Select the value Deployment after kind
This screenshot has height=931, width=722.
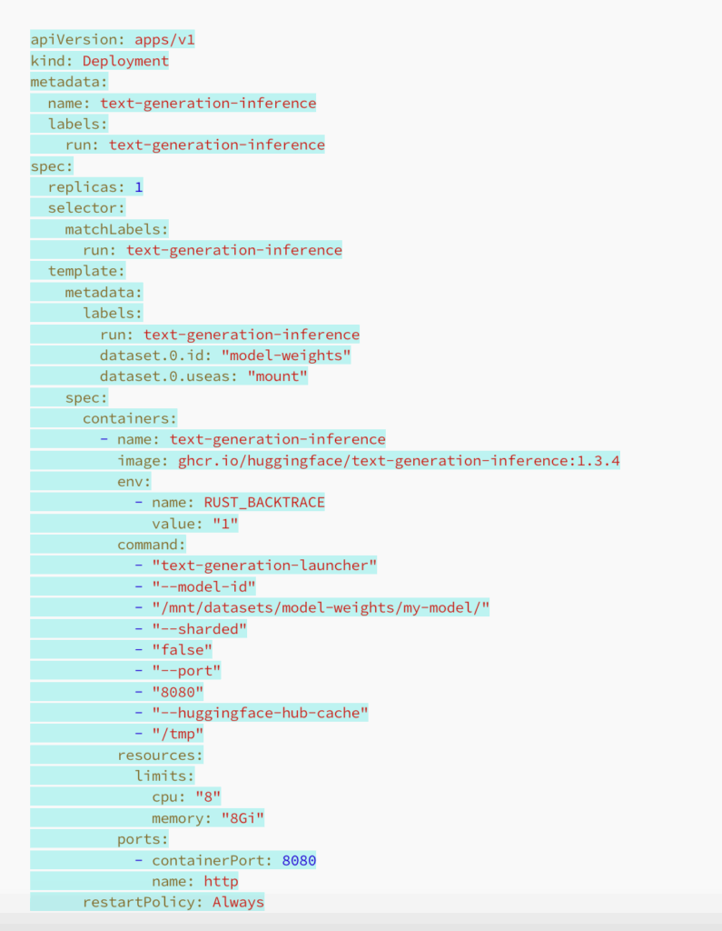click(x=125, y=61)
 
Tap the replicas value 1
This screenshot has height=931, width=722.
click(x=139, y=186)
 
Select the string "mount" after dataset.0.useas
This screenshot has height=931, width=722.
click(x=277, y=376)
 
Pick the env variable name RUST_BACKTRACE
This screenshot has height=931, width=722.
click(x=263, y=502)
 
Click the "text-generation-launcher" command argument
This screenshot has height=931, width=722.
click(x=264, y=566)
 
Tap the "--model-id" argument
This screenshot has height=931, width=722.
click(x=203, y=586)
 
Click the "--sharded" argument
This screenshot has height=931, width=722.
click(x=200, y=628)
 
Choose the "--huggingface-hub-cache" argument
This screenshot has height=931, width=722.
click(x=260, y=713)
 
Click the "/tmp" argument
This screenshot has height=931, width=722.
click(x=177, y=734)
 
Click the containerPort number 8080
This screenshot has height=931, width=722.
click(x=299, y=859)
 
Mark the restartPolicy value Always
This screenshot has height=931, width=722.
click(x=238, y=902)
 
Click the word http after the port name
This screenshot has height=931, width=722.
click(x=221, y=881)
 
